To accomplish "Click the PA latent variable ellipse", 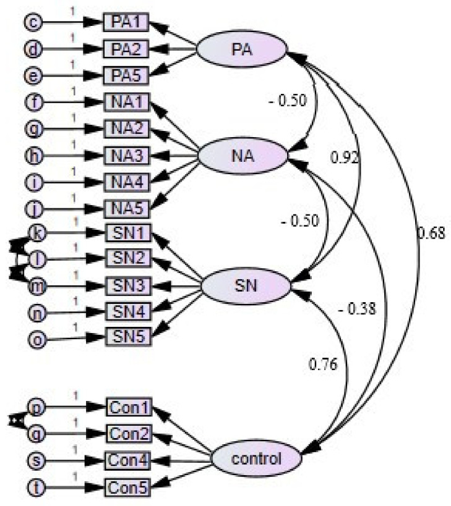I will tap(241, 48).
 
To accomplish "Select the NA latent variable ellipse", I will tap(241, 156).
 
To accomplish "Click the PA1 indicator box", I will tap(127, 23).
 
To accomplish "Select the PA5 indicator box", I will tap(127, 75).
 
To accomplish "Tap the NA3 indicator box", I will tap(127, 156).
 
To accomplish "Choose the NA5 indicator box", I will tap(127, 208).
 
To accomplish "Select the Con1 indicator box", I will tap(128, 408).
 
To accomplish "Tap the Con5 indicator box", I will tap(128, 487).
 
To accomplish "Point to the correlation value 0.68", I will tap(431, 234).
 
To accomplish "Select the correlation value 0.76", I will tap(324, 364).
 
